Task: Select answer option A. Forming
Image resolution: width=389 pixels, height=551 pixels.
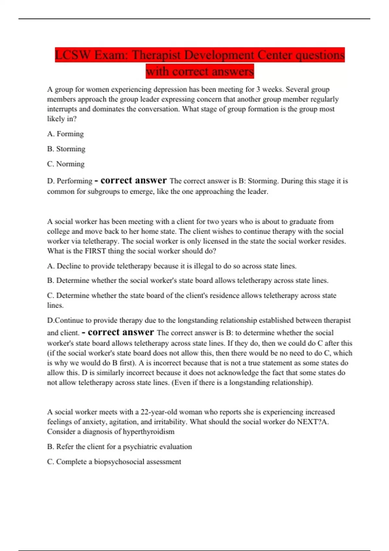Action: [65, 134]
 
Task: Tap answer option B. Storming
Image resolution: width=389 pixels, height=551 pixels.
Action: [66, 149]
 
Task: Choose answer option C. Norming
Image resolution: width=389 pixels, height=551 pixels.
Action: [66, 164]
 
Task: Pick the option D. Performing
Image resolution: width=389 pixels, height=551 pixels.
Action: [70, 181]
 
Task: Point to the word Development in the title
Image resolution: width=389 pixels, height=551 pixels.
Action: [215, 55]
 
